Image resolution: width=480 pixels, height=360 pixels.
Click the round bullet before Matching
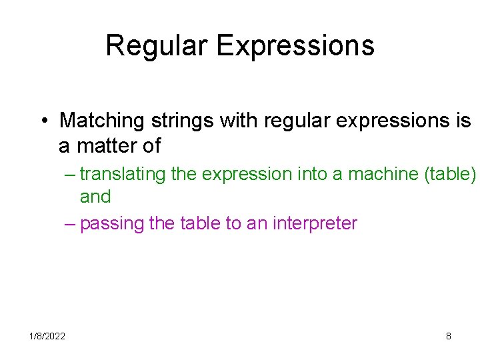(x=42, y=121)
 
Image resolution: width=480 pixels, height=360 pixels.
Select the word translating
(x=123, y=174)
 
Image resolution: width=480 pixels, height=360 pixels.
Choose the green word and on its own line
(x=95, y=197)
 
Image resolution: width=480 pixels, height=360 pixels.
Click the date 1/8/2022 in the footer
(x=47, y=337)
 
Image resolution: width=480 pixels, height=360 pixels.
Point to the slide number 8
(x=448, y=337)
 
